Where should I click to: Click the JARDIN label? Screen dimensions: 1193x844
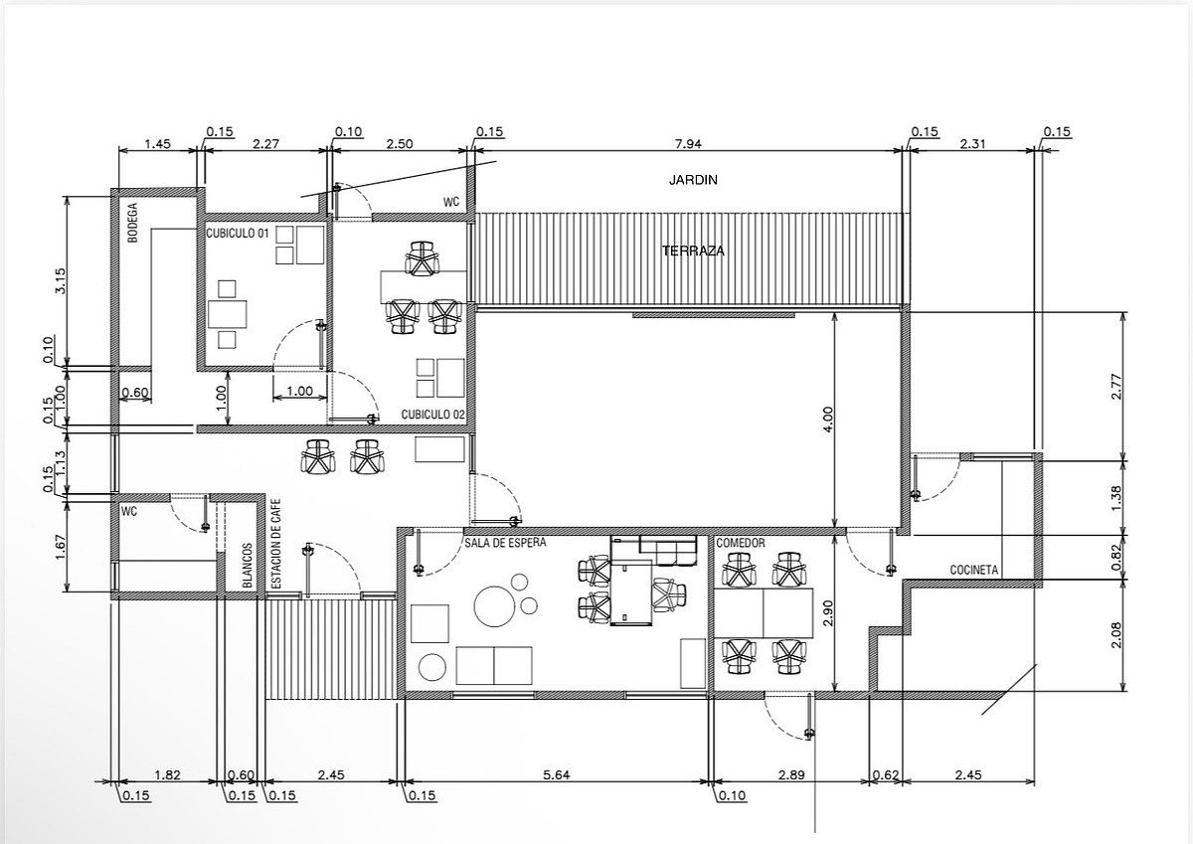[x=693, y=180]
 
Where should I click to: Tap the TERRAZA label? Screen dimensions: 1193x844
[x=694, y=251]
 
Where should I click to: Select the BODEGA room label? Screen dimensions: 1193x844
[x=132, y=222]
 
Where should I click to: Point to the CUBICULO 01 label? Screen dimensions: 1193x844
[x=238, y=234]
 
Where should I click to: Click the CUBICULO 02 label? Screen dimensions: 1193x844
[x=433, y=415]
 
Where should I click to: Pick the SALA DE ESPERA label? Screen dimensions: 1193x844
[x=505, y=543]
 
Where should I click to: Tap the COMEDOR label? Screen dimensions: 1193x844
[x=741, y=543]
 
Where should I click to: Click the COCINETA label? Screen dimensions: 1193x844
[x=974, y=570]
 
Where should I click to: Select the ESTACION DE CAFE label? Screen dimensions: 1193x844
[x=276, y=543]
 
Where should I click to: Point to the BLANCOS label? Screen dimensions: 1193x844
[x=248, y=566]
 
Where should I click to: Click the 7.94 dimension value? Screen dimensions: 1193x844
[x=688, y=144]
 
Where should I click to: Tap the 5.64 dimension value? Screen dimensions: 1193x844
[x=556, y=774]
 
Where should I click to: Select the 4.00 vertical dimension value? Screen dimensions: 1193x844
[x=827, y=420]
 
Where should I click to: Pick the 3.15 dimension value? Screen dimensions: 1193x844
[x=61, y=280]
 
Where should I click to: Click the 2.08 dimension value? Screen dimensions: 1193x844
[x=1116, y=634]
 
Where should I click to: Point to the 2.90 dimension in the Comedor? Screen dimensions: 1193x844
[x=826, y=613]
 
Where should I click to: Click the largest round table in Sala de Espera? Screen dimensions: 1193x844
[x=494, y=606]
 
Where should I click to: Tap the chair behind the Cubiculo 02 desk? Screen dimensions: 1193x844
[x=422, y=258]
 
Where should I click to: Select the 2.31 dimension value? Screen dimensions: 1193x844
[x=972, y=144]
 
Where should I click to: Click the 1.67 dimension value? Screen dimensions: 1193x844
[x=61, y=547]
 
